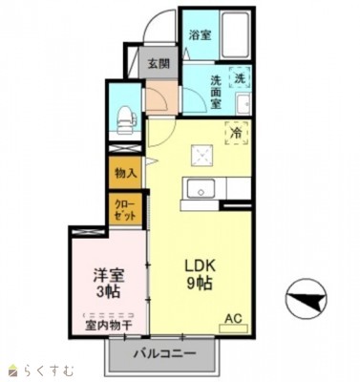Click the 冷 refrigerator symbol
(x=234, y=135)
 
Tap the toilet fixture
(x=122, y=118)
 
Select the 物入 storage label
(x=124, y=174)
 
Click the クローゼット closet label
(x=124, y=210)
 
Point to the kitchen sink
(x=201, y=187)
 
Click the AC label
(x=233, y=318)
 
